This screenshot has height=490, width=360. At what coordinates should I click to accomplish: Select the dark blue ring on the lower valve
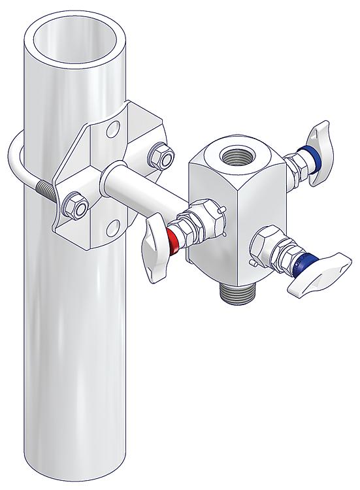[303, 263]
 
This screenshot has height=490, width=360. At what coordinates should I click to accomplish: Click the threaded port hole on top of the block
[233, 157]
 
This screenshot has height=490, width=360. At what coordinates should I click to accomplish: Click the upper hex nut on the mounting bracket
[161, 155]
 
